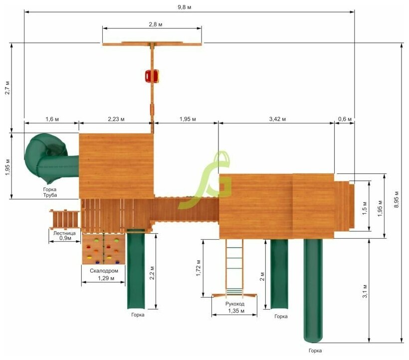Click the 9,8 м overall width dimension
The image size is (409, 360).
185,7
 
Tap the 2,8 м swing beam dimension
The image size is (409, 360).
156,24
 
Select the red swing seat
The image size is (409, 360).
152,76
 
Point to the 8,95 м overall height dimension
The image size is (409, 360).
397,199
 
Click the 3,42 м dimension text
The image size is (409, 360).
277,119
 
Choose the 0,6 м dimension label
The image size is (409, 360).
345,119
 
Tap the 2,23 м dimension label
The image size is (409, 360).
116,119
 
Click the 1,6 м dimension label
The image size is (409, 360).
52,119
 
